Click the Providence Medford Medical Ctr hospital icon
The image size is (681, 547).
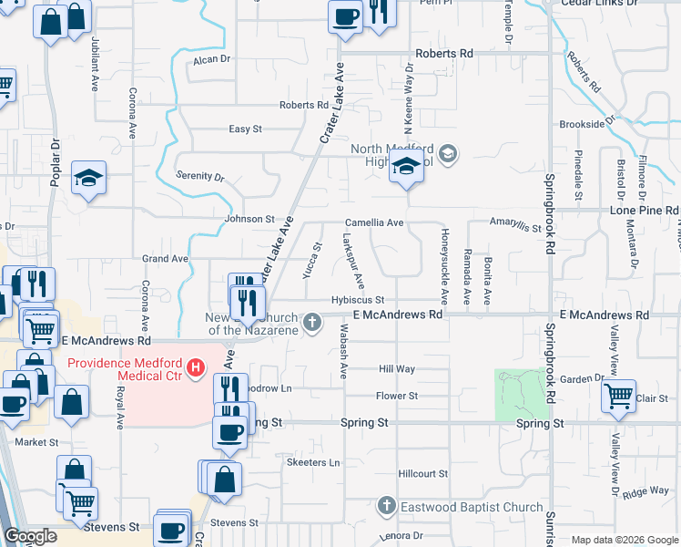(x=194, y=368)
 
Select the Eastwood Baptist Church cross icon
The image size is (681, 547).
(x=386, y=506)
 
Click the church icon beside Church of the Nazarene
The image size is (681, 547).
(x=312, y=321)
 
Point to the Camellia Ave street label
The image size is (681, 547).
(x=373, y=222)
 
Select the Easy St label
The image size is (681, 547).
(x=245, y=129)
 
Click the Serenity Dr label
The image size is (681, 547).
(x=200, y=175)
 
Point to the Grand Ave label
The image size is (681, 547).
(x=165, y=259)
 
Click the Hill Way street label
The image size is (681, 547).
(x=397, y=369)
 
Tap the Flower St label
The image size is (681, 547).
(x=397, y=396)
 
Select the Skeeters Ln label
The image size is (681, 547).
(x=313, y=463)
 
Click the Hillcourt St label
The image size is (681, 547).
(x=423, y=474)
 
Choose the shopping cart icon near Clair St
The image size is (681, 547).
(x=619, y=396)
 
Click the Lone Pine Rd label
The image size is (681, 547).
(x=644, y=210)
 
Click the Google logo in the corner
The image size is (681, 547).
(x=31, y=537)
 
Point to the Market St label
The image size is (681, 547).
(x=36, y=442)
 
